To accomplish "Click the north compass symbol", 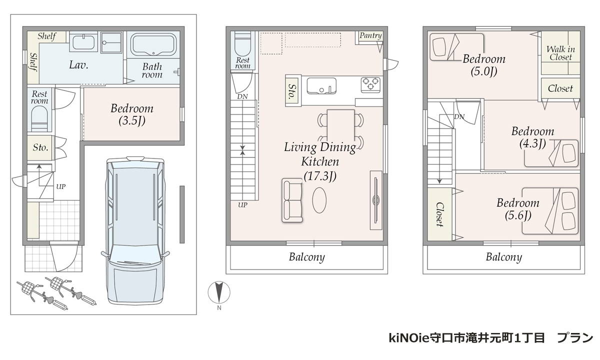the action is tap(219, 292).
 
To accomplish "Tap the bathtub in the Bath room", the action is tap(153, 44).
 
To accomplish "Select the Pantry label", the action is tap(370, 35).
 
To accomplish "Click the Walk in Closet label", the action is tap(560, 53).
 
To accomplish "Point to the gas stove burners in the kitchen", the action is tap(370, 83).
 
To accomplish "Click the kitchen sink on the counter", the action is tap(321, 85).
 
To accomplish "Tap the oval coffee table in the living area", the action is tap(319, 200).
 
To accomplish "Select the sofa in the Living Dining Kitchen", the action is tap(292, 200).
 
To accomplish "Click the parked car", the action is tap(135, 230).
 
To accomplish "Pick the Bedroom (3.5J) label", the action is tap(132, 114).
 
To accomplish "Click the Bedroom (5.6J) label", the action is tap(518, 209).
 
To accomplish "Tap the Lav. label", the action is tap(78, 65).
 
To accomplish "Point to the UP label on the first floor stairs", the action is tap(61, 186).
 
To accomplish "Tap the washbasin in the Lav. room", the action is tap(83, 42).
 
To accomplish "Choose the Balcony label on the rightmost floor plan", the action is tap(504, 257).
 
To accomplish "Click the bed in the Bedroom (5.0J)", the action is tap(456, 47).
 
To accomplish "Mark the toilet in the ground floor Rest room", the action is tap(39, 118).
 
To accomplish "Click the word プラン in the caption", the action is tap(575, 338).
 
